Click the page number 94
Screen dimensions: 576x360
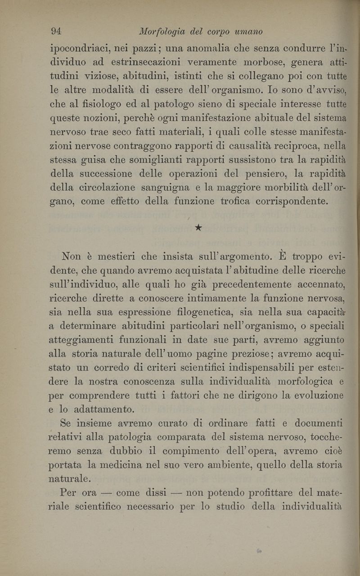coord(57,31)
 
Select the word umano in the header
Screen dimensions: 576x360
coord(247,31)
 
